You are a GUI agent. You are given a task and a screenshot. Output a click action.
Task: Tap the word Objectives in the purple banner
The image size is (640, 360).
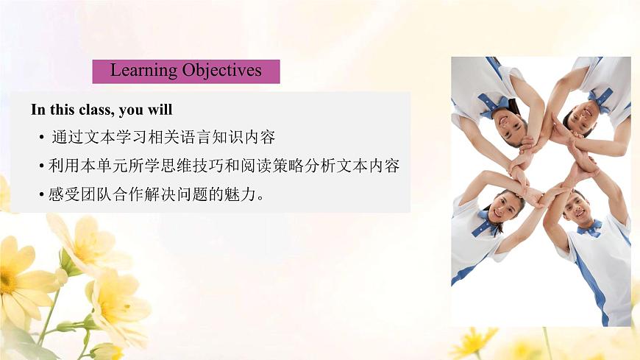(x=222, y=71)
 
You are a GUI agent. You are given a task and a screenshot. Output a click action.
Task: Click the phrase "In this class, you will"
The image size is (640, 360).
(x=102, y=110)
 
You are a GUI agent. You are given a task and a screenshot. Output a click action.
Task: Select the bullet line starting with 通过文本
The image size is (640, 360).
(x=163, y=138)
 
